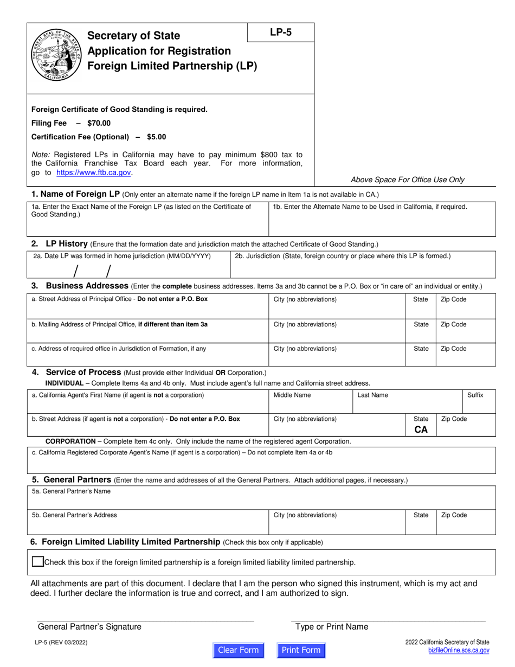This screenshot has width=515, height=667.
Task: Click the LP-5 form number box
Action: point(280,32)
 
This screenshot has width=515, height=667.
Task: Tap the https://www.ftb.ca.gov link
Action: point(93,172)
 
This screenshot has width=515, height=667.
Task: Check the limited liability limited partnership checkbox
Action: point(37,562)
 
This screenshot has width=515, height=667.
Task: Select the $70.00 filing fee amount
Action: point(99,123)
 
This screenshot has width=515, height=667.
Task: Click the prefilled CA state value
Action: point(421,429)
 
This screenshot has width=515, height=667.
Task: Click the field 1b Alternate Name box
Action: point(382,219)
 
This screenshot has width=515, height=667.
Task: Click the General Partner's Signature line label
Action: point(89,627)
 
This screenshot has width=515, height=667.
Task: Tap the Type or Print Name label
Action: point(331,627)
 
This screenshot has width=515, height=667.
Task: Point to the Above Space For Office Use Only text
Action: point(408,179)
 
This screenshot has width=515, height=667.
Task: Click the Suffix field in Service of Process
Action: point(479,402)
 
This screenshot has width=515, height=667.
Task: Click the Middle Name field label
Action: point(292,395)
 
